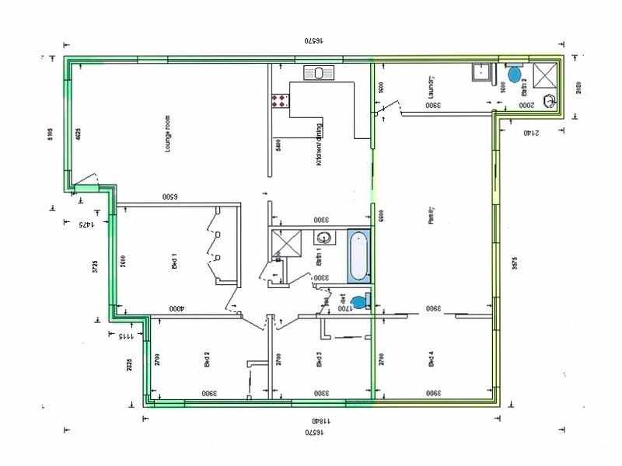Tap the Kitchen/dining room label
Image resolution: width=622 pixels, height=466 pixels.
(319, 144)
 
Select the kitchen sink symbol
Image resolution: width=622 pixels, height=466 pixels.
(319, 73)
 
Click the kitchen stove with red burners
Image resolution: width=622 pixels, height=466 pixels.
(280, 100)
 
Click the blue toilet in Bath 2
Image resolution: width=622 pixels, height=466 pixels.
(513, 75)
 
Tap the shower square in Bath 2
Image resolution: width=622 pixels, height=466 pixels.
(546, 75)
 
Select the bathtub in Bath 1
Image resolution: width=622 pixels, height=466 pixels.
(358, 256)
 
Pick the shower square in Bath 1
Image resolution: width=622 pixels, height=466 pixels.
(285, 243)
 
